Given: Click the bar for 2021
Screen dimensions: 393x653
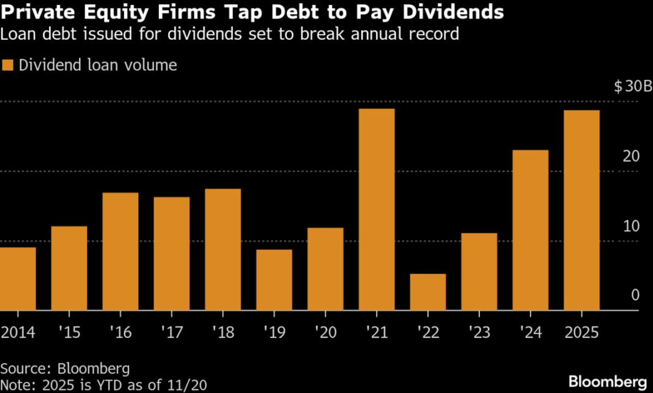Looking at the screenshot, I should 377,210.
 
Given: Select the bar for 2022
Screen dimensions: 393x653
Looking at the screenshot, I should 428,292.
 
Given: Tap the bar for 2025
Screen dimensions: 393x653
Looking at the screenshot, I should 581,210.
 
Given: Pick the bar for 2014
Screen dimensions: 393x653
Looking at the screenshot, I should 18,279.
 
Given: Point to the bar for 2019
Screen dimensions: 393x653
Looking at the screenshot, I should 274,280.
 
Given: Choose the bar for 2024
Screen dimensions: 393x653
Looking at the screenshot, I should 530,230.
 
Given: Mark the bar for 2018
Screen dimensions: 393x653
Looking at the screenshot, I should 223,249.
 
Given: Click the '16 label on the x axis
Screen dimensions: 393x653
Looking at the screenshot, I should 120,333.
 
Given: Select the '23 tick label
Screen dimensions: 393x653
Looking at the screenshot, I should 479,333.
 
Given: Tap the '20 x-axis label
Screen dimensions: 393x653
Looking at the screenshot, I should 325,333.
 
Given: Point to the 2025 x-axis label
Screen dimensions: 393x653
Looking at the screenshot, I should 581,333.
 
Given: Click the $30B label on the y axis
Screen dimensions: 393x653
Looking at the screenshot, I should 632,86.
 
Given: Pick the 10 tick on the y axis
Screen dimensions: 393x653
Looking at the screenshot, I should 632,226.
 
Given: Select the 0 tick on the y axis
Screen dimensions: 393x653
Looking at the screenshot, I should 635,295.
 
